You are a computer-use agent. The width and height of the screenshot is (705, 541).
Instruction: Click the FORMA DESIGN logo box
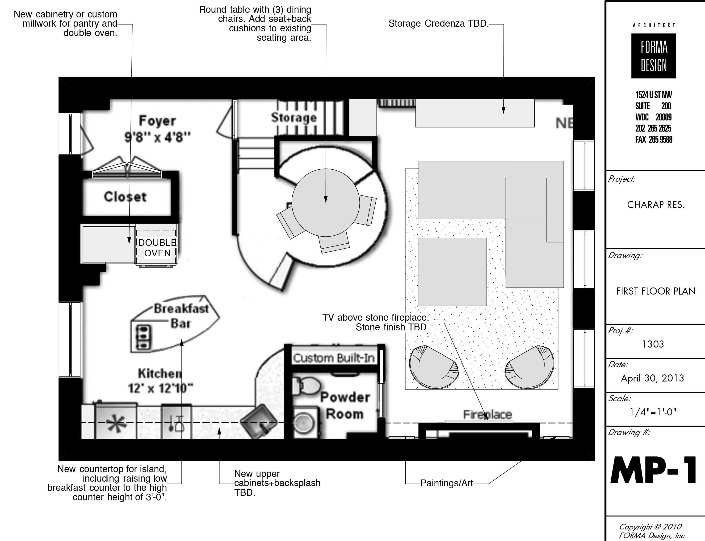point(653,56)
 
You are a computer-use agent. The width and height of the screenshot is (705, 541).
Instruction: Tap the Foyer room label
point(157,121)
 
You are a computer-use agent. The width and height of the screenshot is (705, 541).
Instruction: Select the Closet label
point(125,197)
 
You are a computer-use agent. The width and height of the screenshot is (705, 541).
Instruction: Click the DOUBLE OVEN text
point(157,248)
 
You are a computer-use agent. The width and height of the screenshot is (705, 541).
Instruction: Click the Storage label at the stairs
point(294,118)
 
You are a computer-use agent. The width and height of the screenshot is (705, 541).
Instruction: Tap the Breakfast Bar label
point(181,316)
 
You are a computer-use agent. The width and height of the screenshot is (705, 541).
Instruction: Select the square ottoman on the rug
point(453,272)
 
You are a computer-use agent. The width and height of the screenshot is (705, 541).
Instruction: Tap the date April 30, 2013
point(652,378)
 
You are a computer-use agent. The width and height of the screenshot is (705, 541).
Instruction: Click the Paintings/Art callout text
point(447,483)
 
